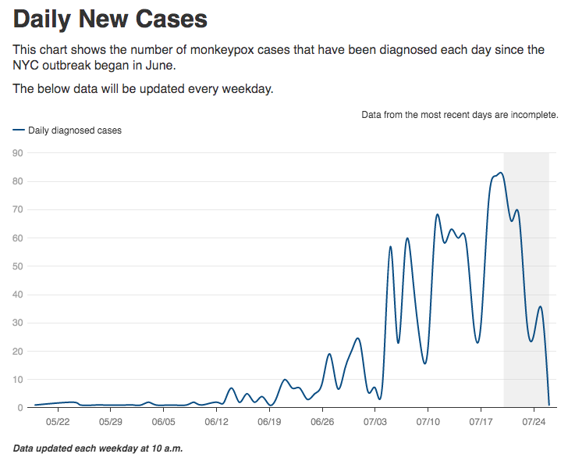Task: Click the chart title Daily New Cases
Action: click(110, 19)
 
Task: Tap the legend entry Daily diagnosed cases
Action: click(74, 130)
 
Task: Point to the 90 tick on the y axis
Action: click(17, 153)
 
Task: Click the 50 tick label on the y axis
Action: click(17, 266)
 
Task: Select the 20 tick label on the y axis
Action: click(17, 351)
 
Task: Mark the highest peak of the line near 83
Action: click(500, 173)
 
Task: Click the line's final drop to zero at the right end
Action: click(549, 404)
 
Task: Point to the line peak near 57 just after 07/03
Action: click(391, 247)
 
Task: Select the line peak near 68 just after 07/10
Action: click(438, 214)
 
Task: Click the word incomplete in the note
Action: click(534, 115)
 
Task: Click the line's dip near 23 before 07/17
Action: click(477, 342)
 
